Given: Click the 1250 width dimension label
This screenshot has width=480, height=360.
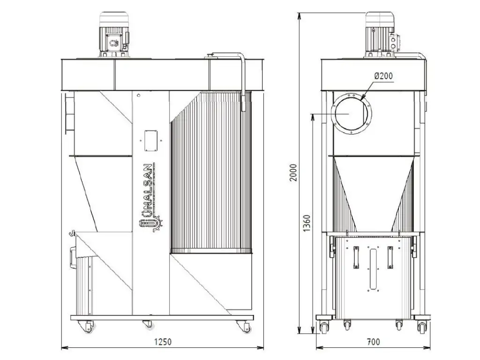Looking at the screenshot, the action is click(x=163, y=341).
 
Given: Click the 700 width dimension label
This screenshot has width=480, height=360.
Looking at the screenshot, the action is click(x=373, y=341).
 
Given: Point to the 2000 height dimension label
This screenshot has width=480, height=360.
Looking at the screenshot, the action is click(x=293, y=172).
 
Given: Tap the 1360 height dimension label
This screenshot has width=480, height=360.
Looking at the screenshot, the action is click(x=307, y=223).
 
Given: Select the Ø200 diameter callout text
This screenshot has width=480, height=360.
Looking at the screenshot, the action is click(x=383, y=75).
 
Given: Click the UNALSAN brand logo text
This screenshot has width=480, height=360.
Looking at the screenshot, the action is click(x=148, y=196).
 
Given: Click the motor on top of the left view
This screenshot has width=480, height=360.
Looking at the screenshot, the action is click(x=114, y=34).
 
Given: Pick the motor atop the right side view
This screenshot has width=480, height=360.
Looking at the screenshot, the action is click(x=381, y=34).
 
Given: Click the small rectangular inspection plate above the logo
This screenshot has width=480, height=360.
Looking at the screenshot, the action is click(x=150, y=141).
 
